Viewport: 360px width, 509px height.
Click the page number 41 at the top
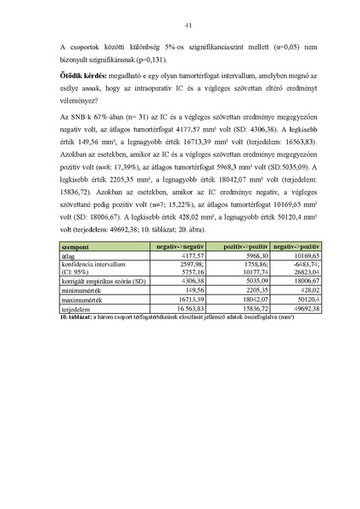coord(180,25)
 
